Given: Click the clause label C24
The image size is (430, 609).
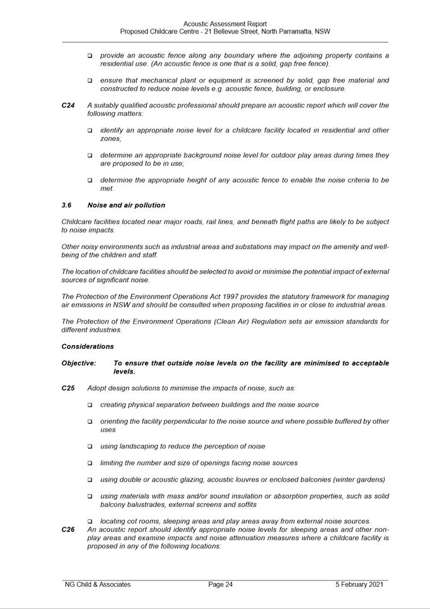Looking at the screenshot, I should [x=68, y=105].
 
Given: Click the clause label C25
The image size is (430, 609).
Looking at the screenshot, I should [x=68, y=388].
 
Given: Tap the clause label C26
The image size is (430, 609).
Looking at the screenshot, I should [x=68, y=529].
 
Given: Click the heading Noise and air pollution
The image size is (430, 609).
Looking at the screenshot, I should [x=126, y=205].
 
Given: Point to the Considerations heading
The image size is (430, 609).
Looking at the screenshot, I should [x=88, y=346].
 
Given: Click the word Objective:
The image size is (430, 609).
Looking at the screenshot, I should [x=79, y=364].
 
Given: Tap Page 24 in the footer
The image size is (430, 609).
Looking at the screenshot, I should [x=221, y=584].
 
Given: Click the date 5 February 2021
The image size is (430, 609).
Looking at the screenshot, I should [x=359, y=584].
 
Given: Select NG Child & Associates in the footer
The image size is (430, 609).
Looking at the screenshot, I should [x=98, y=584].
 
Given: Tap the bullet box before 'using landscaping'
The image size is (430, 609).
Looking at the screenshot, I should [x=90, y=447].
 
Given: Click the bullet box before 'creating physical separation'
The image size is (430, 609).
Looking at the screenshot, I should [x=90, y=405].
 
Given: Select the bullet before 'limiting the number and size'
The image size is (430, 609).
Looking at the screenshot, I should [x=90, y=463].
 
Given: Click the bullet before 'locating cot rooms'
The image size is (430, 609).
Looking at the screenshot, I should [x=90, y=521].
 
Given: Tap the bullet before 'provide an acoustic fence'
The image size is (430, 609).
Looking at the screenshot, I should [x=90, y=56].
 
